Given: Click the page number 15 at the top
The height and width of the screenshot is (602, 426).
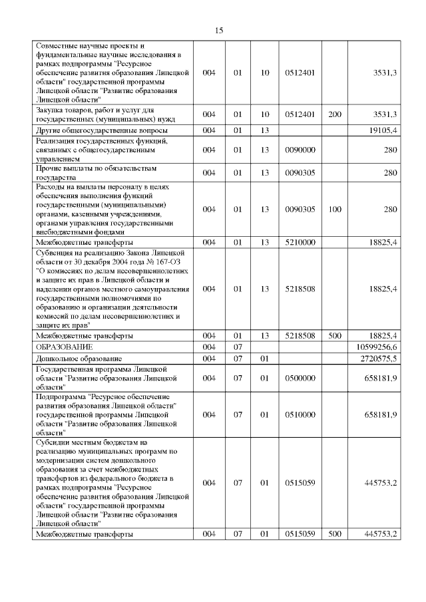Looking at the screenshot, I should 219,31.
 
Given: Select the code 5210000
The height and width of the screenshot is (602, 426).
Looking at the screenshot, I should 299,243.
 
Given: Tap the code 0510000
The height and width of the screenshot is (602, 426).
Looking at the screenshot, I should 299,414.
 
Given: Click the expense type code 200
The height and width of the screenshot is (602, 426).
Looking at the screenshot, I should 335,114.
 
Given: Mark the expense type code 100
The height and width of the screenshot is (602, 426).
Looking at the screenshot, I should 335,210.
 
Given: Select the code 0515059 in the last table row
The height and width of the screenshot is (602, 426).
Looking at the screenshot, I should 299,534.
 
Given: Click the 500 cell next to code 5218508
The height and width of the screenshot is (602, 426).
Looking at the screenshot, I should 335,335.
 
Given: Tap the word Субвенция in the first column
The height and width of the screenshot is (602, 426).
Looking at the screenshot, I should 55,253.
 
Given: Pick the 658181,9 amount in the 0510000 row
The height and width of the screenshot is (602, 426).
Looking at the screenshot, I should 380,414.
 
